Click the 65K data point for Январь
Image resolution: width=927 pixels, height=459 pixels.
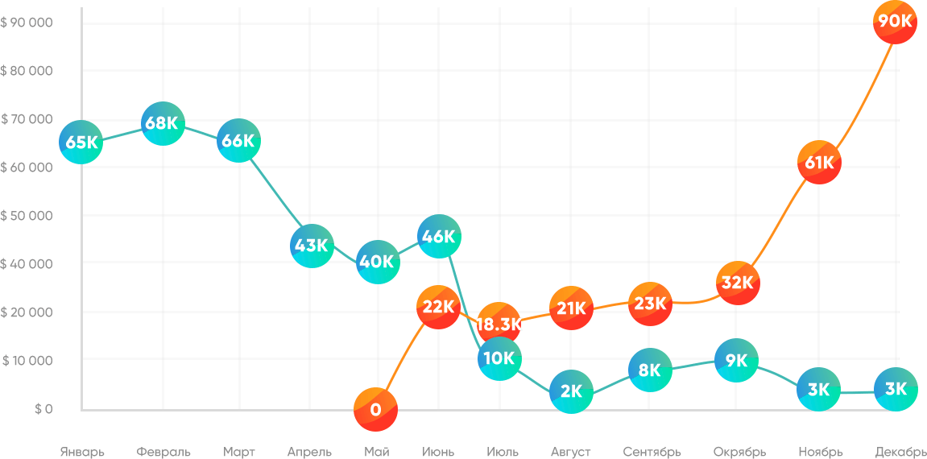81,143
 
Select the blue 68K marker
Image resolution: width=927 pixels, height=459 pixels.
163,123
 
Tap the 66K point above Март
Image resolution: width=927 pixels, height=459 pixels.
238,141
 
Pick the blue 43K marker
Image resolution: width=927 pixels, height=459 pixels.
311,246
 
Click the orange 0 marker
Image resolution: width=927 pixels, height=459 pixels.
375,409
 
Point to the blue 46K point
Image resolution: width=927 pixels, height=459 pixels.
439,237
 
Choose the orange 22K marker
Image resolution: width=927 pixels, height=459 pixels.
439,307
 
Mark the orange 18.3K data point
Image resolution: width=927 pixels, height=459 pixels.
499,325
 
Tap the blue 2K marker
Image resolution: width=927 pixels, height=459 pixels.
571,392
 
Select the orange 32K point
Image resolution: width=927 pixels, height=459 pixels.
738,283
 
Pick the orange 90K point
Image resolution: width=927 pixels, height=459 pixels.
895,22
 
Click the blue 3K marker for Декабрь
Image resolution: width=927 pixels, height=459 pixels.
895,390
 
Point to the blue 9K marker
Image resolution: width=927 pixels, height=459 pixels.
736,361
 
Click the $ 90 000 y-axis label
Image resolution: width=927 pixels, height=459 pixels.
27,23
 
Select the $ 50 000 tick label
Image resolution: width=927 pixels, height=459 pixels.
27,216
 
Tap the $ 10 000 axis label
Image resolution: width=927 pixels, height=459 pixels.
27,360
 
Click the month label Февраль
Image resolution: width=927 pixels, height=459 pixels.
163,452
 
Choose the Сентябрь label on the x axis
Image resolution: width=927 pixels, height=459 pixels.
652,452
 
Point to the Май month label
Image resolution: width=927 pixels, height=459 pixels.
376,452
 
